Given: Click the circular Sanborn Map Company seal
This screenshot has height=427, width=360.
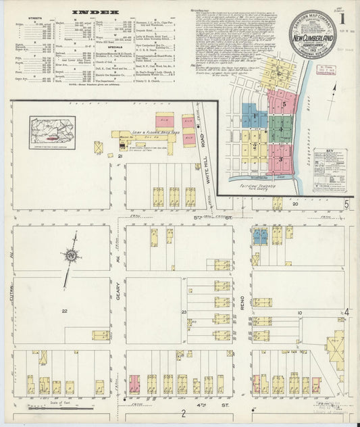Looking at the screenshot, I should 313,34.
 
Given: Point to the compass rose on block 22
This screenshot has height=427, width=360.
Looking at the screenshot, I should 71,257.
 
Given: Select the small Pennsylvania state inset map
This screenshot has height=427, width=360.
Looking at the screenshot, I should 52,132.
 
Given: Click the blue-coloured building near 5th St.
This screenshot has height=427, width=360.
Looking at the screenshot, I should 260,236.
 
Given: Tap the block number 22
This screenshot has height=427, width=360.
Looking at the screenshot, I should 64,311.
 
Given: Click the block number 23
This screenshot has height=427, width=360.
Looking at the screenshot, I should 184,311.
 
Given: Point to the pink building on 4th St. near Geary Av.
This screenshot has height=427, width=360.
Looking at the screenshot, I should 134,384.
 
